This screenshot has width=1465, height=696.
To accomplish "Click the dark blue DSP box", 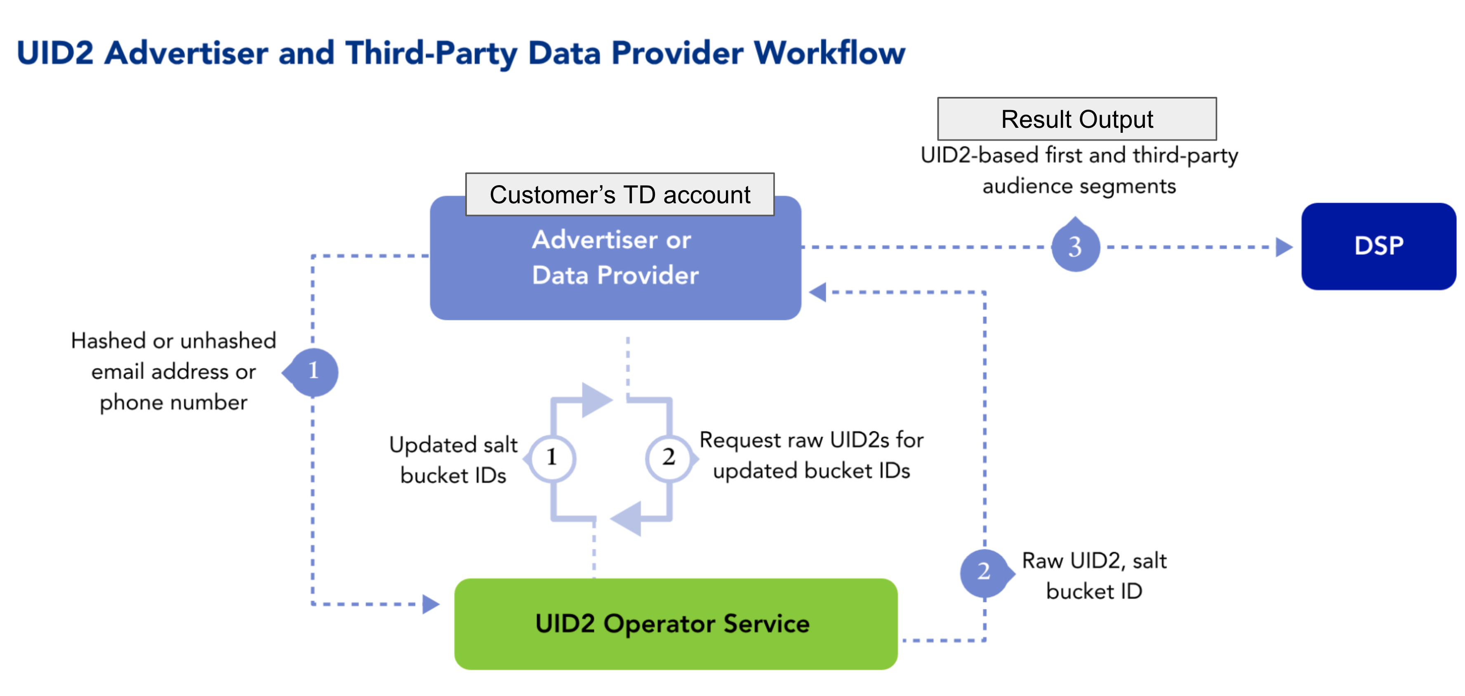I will pos(1378,246).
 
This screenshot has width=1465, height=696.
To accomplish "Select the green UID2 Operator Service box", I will pos(676,624).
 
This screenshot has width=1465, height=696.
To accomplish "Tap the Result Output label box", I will pos(1076,119).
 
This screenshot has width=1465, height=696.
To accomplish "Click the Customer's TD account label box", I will pos(619,195).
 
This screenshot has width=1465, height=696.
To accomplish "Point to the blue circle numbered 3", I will pos(1075,247).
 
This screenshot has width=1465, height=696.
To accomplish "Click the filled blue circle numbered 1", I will pos(313,372).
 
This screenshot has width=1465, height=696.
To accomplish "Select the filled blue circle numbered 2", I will pos(984,572).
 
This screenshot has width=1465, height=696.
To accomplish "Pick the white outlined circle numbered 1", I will pos(552,458).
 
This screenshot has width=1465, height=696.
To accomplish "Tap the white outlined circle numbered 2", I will pos(669,458).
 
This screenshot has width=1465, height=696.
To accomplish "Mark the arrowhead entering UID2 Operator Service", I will pos(431,604).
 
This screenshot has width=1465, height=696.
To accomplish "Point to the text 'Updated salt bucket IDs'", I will pos(453,459).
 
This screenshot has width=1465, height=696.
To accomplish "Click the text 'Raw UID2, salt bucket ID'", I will pos(1094,576).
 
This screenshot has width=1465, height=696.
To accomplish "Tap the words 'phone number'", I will pos(174,402).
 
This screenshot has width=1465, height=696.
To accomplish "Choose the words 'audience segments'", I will pos(1079,186).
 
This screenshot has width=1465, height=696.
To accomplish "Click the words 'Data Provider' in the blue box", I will pos(615,275).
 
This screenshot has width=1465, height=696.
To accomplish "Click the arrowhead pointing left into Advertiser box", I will pos(818,292).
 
